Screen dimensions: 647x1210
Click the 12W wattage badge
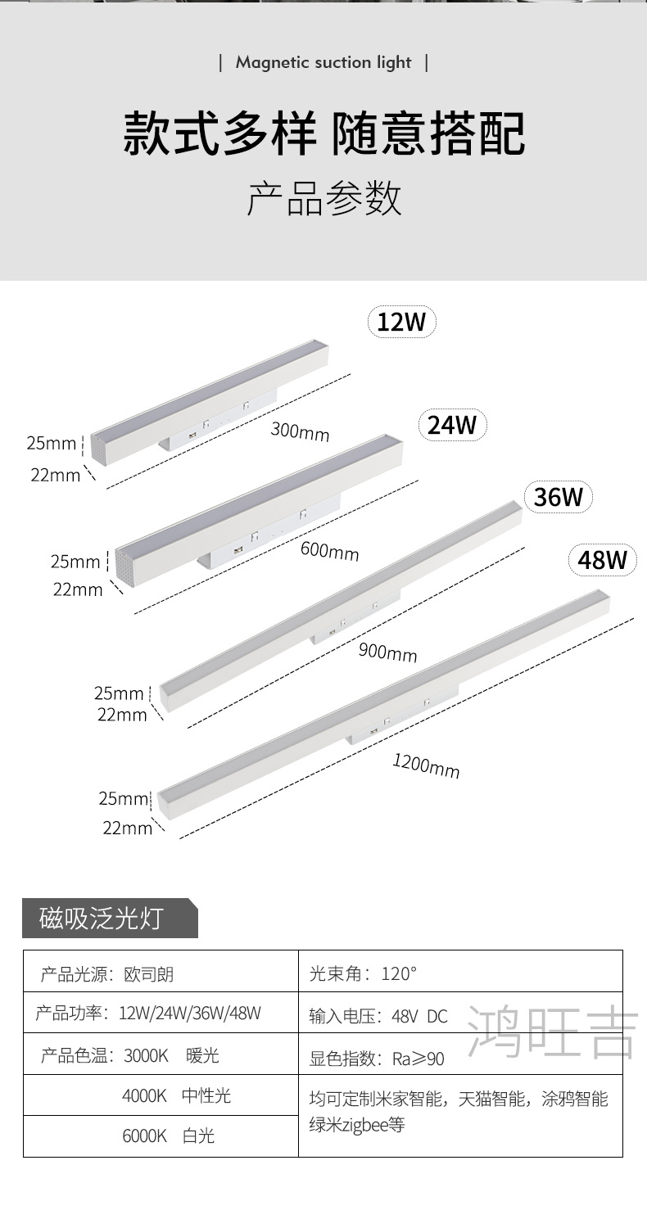[401, 322]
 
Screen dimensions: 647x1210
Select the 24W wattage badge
[452, 426]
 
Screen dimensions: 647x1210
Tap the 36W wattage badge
[558, 497]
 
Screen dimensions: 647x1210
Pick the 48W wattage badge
[602, 560]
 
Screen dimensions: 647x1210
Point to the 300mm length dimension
[300, 431]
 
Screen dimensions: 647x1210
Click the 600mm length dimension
[329, 551]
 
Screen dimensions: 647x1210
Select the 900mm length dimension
[387, 652]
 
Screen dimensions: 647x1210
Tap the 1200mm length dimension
[426, 766]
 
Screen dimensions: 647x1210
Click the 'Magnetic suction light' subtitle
[323, 63]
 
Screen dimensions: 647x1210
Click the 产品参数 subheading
[323, 198]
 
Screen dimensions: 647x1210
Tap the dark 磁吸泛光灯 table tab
[102, 918]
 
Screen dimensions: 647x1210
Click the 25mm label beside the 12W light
[51, 444]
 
